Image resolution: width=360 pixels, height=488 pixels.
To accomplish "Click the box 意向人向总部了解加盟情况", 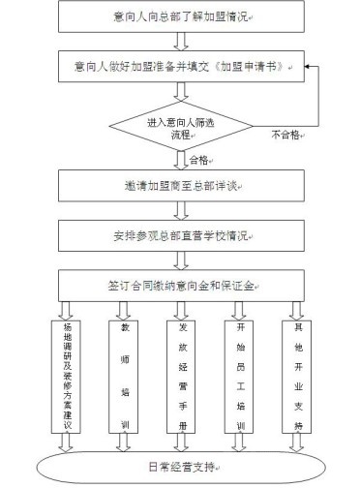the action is [x=181, y=16].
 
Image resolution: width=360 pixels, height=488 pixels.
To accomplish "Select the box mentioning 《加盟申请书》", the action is [x=181, y=67].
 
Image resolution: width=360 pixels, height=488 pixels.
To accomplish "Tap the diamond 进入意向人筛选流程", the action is [x=181, y=126].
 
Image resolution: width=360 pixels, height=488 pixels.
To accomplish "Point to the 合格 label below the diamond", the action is [x=198, y=160].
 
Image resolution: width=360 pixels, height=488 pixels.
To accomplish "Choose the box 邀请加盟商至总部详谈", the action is [x=181, y=186].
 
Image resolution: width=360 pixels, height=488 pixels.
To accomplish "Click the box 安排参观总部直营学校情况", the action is [x=181, y=236].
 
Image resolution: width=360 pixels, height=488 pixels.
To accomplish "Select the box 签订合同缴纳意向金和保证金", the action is [x=181, y=286].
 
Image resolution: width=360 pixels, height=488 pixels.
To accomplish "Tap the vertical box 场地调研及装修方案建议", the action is [x=66, y=377].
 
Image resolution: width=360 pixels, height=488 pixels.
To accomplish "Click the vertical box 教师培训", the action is [x=124, y=377].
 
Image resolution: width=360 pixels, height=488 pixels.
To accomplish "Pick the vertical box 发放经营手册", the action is [x=181, y=377].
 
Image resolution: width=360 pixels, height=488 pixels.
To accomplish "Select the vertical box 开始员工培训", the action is [x=239, y=377].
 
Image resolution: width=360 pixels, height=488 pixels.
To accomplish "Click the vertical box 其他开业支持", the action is [x=297, y=377].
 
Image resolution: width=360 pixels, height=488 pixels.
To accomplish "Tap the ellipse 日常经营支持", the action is [x=181, y=467].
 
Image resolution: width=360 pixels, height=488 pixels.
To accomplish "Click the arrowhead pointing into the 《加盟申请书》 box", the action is [x=307, y=67].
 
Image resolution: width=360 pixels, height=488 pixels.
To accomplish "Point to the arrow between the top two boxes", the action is [x=181, y=42].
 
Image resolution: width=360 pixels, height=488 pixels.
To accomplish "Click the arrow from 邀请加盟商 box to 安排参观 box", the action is [x=181, y=211].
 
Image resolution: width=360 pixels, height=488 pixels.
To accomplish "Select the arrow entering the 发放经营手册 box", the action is [x=181, y=311].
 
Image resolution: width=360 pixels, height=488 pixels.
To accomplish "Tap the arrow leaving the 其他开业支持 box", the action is [x=297, y=442].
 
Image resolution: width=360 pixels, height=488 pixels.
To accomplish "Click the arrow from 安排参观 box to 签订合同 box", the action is [x=181, y=260].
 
